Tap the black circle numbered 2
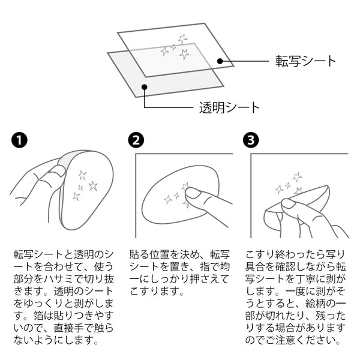coord(137,142)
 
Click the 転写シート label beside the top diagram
coord(305,61)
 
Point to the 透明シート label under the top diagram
coord(229,108)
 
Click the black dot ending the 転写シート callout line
coord(220,61)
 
